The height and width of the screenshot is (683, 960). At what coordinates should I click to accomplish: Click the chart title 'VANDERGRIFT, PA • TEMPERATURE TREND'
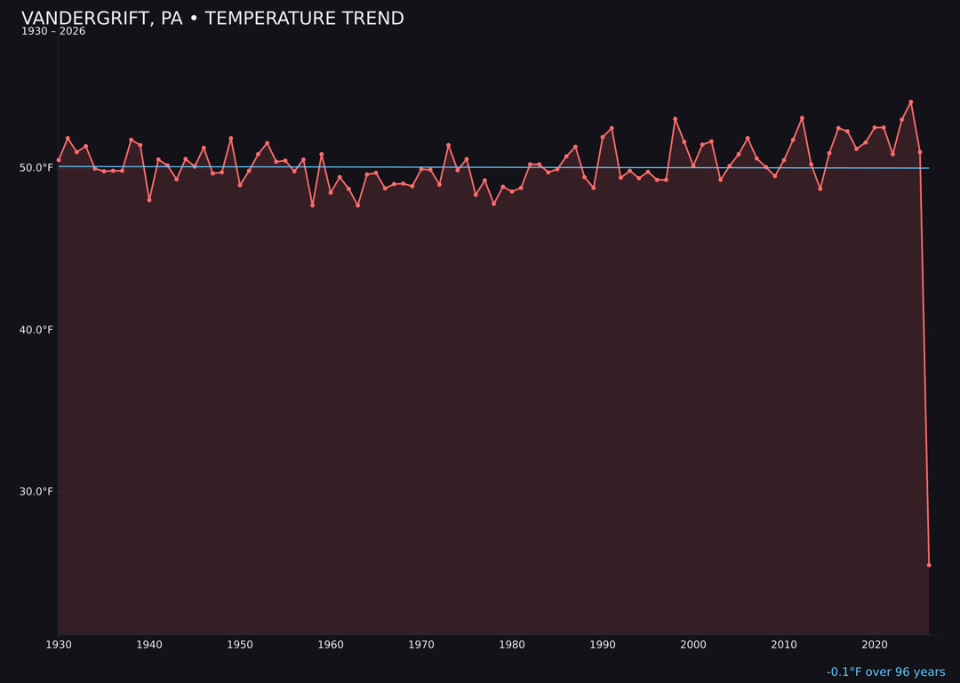click(212, 19)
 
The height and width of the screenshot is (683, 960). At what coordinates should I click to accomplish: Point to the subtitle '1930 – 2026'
click(53, 32)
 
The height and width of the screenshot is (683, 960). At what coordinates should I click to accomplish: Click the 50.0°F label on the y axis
click(36, 168)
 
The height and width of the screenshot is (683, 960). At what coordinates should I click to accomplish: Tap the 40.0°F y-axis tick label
click(36, 330)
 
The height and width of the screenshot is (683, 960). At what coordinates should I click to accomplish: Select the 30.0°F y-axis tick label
click(36, 492)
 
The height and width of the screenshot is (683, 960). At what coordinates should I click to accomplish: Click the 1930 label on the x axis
click(59, 645)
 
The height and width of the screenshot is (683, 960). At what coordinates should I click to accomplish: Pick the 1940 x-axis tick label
click(149, 645)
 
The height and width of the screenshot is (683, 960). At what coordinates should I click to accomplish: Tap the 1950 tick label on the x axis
click(240, 645)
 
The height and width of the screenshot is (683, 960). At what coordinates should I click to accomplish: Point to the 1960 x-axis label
click(331, 645)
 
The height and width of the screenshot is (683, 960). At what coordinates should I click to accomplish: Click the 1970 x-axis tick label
click(421, 645)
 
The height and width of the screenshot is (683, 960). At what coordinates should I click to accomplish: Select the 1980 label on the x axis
click(512, 645)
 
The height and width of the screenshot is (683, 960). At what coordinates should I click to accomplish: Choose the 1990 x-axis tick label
click(603, 645)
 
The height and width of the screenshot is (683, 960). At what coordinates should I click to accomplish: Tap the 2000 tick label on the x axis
click(693, 645)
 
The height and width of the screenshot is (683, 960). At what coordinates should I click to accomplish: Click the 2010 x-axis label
click(784, 645)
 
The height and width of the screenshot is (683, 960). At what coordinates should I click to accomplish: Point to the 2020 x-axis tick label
click(875, 645)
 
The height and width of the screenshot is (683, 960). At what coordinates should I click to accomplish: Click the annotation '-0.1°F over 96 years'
click(885, 672)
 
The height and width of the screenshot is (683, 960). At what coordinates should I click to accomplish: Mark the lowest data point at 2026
click(929, 565)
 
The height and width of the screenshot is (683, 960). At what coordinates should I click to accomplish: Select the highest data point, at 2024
click(911, 102)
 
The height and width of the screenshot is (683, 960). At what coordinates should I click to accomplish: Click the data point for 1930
click(59, 160)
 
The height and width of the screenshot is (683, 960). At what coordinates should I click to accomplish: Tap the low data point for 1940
click(149, 200)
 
